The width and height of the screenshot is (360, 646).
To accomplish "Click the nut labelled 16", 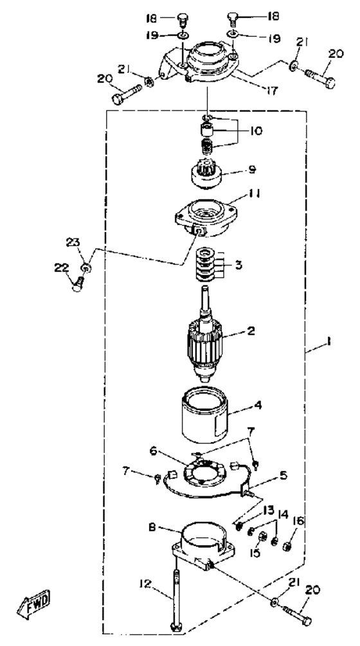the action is coord(285,547).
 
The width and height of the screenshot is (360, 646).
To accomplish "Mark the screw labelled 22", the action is coord(77,283).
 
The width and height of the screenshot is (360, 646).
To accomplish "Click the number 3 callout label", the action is coord(237,264).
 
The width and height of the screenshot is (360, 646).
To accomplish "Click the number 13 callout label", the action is coord(268,511).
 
